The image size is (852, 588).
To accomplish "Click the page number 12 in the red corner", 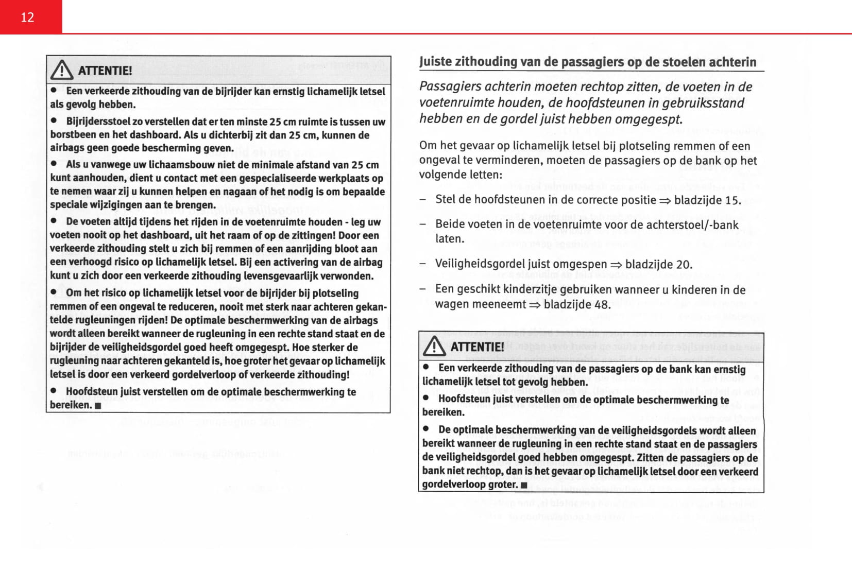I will click(x=27, y=18).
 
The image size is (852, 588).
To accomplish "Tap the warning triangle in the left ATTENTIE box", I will click(x=62, y=70).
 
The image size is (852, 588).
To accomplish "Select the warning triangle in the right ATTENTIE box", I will click(x=434, y=346).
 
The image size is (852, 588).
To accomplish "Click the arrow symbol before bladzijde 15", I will click(x=665, y=200).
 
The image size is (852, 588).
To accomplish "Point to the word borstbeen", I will click(x=71, y=135).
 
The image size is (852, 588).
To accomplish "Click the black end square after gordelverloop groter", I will click(x=524, y=485).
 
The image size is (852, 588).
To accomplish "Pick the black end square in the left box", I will click(x=98, y=406).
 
